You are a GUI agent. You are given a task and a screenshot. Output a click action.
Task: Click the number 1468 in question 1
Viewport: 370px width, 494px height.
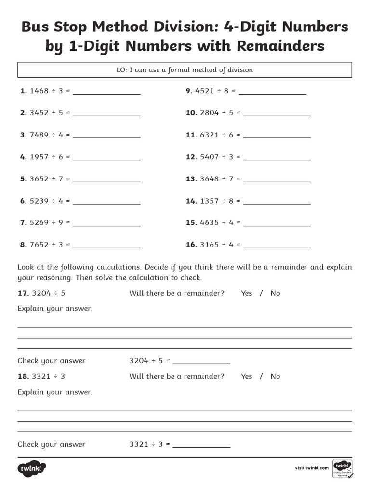(x=39, y=91)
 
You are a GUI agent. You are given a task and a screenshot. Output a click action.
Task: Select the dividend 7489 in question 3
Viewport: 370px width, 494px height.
(x=39, y=135)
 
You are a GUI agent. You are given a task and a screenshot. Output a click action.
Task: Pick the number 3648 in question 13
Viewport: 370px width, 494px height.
(x=209, y=179)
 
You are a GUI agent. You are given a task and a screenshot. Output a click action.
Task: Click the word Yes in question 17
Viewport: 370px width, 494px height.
(x=246, y=293)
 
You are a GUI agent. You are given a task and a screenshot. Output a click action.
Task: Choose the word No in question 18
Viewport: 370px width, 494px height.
(x=275, y=377)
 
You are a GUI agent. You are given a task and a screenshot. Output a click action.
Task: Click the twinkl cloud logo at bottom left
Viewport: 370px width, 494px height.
(x=32, y=468)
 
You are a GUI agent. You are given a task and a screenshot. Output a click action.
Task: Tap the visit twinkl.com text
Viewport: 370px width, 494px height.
(x=311, y=468)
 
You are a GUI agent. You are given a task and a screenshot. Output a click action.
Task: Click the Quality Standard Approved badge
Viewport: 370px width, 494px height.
(x=343, y=468)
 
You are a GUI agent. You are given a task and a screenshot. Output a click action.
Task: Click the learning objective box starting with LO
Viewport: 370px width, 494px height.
(x=185, y=70)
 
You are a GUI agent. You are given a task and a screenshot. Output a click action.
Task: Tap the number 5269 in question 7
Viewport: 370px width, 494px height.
(x=39, y=223)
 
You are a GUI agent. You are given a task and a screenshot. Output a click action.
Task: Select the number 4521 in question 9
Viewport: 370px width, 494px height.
(x=205, y=91)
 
